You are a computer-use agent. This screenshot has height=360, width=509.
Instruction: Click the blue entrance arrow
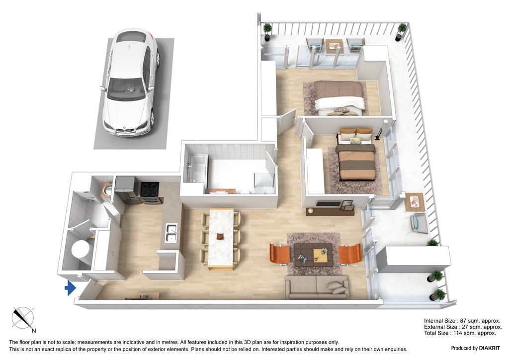click(x=70, y=287)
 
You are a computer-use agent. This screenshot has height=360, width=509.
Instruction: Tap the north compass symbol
click(x=22, y=318)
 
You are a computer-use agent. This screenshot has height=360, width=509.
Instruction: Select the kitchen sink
click(x=170, y=232)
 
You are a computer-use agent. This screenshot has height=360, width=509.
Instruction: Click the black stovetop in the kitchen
click(x=150, y=189)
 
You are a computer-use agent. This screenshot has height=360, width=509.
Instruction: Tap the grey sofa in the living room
click(x=316, y=287)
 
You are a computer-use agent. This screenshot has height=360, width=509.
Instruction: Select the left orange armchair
click(x=280, y=254)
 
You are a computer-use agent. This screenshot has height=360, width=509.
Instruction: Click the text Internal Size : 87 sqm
click(x=462, y=321)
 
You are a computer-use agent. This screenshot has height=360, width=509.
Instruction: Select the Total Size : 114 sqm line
click(x=460, y=333)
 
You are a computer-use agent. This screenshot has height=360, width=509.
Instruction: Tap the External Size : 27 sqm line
click(x=462, y=327)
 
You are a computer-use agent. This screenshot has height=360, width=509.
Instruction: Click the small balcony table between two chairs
click(x=334, y=46)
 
